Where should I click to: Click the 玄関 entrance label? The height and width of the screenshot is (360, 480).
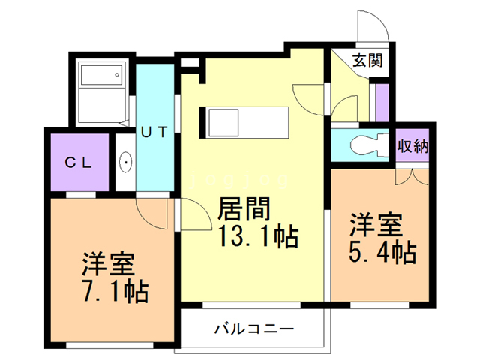coord(367,61)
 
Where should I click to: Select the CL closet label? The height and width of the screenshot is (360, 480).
coord(77,163)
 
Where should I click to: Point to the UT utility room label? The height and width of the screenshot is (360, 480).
coord(155,132)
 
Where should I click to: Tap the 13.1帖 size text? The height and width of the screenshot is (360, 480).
coord(257,237)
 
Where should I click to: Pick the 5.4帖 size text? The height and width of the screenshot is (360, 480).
coord(382,252)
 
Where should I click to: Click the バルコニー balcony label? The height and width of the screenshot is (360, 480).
coord(253,328)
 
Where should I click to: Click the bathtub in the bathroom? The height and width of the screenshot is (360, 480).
coord(100,76)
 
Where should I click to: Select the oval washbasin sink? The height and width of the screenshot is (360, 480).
coord(126,163)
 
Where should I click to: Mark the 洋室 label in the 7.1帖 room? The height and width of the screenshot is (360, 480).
coord(108,264)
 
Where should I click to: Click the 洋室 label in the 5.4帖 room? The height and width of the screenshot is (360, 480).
coord(375,226)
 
